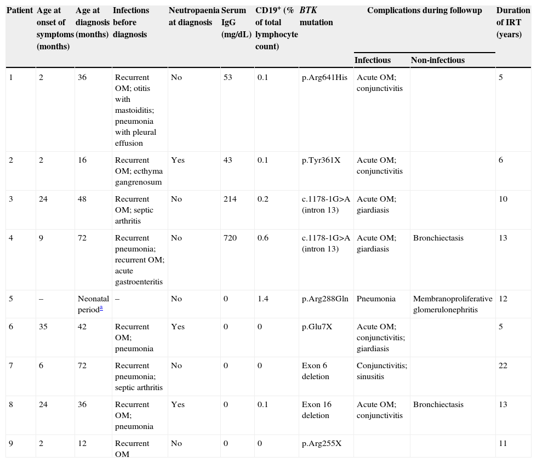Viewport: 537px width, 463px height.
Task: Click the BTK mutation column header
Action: [x=316, y=16]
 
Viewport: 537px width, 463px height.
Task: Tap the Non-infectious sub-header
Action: [x=437, y=60]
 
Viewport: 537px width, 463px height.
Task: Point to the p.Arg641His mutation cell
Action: [x=324, y=78]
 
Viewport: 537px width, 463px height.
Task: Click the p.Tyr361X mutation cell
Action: [x=321, y=161]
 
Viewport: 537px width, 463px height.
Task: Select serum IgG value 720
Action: [x=230, y=238]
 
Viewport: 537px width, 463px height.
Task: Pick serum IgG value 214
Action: [x=230, y=199]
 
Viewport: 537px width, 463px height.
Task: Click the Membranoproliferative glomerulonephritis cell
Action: [x=453, y=305]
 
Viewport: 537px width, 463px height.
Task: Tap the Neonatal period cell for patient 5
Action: [x=93, y=304]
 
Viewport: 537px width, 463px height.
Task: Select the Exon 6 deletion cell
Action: [x=316, y=371]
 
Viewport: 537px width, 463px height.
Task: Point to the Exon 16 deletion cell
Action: [x=317, y=410]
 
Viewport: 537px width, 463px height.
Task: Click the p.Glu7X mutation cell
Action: [x=318, y=327]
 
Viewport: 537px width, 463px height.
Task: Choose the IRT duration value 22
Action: [x=503, y=366]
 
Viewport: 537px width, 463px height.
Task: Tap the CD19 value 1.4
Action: [x=262, y=299]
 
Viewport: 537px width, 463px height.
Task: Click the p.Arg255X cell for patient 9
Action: [x=322, y=444]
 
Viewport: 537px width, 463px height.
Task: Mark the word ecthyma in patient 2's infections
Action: [x=148, y=172]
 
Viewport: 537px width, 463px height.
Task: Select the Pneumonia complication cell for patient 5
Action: [x=376, y=299]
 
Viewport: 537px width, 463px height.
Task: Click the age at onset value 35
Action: [x=43, y=327]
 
